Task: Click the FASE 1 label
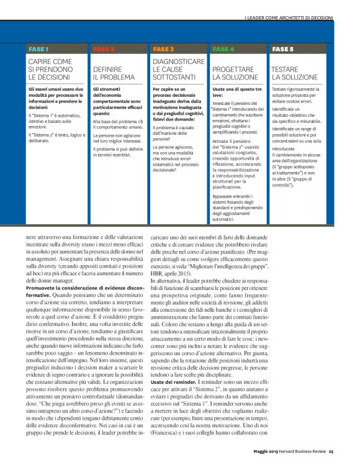[38, 48]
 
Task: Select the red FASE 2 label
[104, 48]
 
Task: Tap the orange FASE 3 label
[163, 48]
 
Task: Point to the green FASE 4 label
[223, 48]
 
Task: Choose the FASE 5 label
[282, 48]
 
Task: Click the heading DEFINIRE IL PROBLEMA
[113, 73]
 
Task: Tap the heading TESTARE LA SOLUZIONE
[294, 73]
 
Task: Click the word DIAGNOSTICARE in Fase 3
[178, 62]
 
